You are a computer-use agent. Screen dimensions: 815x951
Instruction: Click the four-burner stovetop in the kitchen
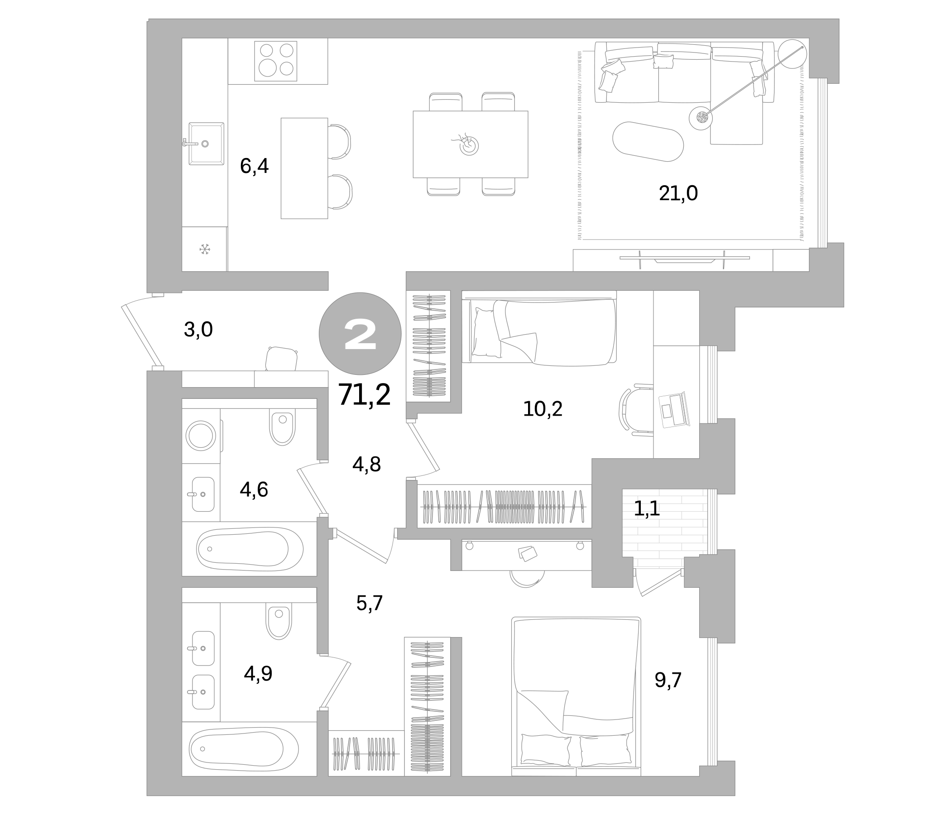(x=276, y=61)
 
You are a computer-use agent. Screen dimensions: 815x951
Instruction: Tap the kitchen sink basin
(x=206, y=144)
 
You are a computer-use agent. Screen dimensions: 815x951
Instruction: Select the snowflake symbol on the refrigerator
(x=204, y=249)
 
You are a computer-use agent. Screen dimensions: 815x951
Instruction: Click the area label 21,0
(x=678, y=193)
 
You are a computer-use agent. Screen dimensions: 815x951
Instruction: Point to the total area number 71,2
(x=364, y=395)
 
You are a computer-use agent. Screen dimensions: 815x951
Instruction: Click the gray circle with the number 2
(x=360, y=334)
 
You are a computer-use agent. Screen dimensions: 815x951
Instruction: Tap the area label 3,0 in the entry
(x=198, y=330)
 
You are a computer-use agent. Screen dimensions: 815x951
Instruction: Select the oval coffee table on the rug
(x=648, y=141)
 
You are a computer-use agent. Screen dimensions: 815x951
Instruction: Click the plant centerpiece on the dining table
(x=469, y=144)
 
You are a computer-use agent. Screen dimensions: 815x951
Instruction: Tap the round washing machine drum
(x=201, y=435)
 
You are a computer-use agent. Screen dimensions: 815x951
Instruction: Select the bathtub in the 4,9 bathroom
(x=243, y=749)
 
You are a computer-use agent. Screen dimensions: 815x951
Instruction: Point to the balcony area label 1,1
(x=647, y=508)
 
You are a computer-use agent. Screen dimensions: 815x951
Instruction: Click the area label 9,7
(x=668, y=680)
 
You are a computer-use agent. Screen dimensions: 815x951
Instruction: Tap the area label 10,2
(x=543, y=409)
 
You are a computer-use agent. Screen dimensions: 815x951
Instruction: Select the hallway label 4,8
(x=366, y=465)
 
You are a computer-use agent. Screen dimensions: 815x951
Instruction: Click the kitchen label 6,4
(x=254, y=166)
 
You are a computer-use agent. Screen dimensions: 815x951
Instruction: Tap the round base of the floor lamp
(x=701, y=118)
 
